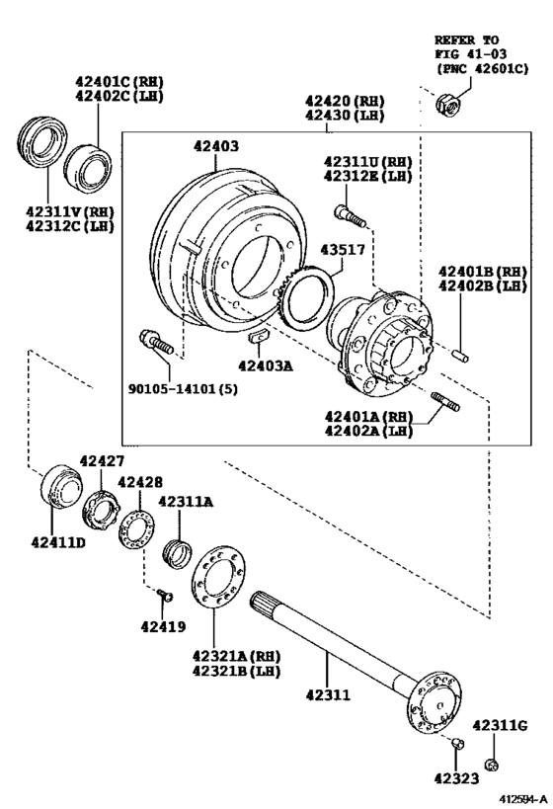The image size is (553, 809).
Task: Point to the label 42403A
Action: point(266,364)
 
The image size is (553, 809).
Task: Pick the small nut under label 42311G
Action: point(491,764)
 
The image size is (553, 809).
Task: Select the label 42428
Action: point(140,481)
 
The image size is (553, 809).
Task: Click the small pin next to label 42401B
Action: point(463,350)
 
